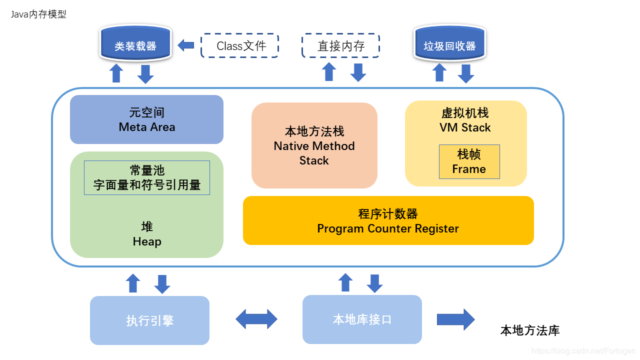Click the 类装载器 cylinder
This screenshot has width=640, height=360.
tap(135, 45)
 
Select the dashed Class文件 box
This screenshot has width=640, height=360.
tap(239, 46)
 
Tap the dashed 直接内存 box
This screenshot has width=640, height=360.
tap(340, 46)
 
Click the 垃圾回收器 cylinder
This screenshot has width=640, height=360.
tap(449, 45)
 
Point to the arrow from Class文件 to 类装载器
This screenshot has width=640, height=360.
tap(186, 45)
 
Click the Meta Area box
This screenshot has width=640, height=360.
tap(146, 119)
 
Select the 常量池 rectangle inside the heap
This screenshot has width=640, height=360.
tap(146, 177)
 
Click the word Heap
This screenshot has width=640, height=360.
tap(147, 242)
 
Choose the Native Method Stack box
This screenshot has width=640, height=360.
tap(314, 145)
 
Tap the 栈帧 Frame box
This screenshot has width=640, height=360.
tap(469, 161)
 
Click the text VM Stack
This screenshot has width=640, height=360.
tap(465, 127)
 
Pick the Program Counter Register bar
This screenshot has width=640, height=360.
tap(388, 220)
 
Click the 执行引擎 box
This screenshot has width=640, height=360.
tap(149, 320)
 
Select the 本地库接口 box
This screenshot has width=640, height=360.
tap(362, 319)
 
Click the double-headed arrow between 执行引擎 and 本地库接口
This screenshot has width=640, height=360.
tap(256, 319)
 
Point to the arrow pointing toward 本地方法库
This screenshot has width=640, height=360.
tap(455, 319)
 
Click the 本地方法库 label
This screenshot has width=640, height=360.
tap(529, 330)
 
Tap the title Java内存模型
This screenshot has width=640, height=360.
tap(38, 14)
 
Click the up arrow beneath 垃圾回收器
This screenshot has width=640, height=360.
tap(439, 72)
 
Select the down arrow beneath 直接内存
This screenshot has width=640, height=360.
tap(358, 72)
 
